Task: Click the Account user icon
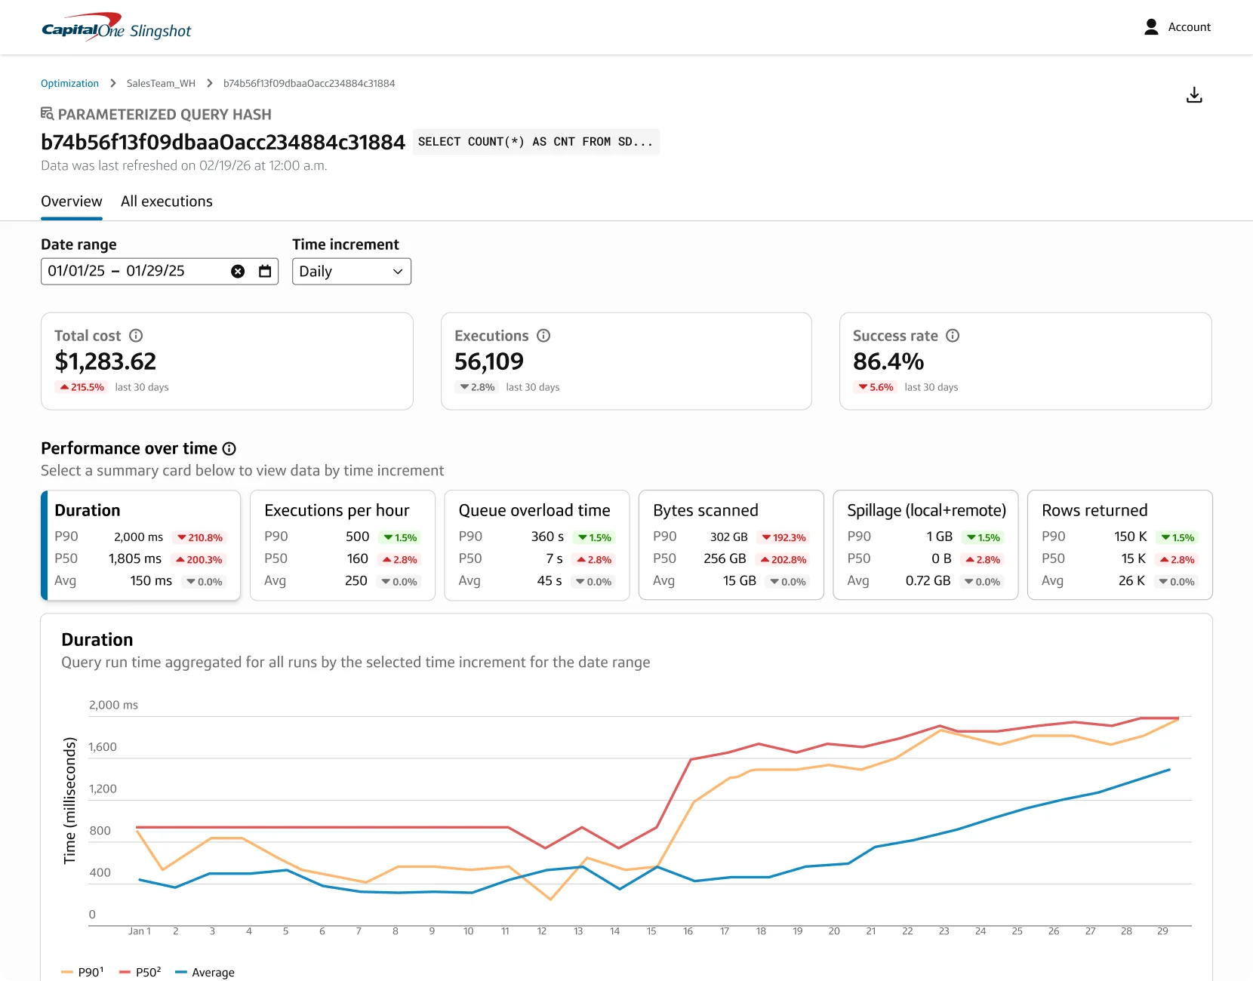[1151, 27]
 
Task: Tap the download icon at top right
[1193, 95]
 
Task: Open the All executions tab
[167, 201]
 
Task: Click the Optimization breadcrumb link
[69, 83]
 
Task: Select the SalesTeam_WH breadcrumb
[161, 83]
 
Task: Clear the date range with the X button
[238, 272]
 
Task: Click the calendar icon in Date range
[265, 272]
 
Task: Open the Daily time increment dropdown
[351, 272]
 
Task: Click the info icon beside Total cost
[136, 336]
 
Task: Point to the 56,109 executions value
[489, 361]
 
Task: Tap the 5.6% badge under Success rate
[876, 387]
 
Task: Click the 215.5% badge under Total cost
[82, 387]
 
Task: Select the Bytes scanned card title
[705, 510]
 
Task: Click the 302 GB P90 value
[729, 537]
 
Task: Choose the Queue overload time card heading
[534, 510]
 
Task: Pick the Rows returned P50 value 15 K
[1133, 558]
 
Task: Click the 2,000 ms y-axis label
[113, 705]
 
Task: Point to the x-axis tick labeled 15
[651, 931]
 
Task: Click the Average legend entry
[205, 973]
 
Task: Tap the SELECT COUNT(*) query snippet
[536, 142]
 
